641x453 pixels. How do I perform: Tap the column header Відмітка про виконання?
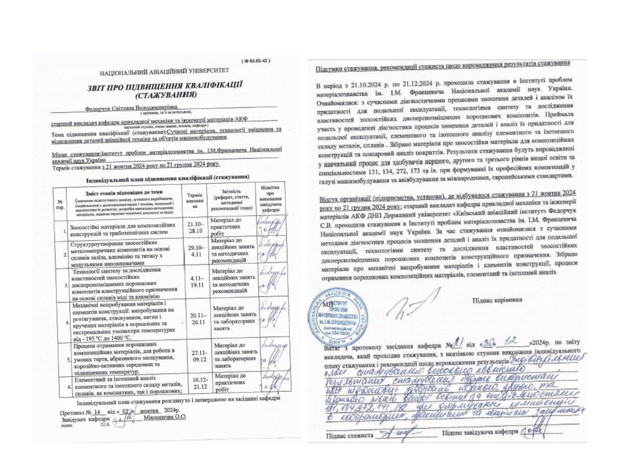pyautogui.click(x=269, y=199)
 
